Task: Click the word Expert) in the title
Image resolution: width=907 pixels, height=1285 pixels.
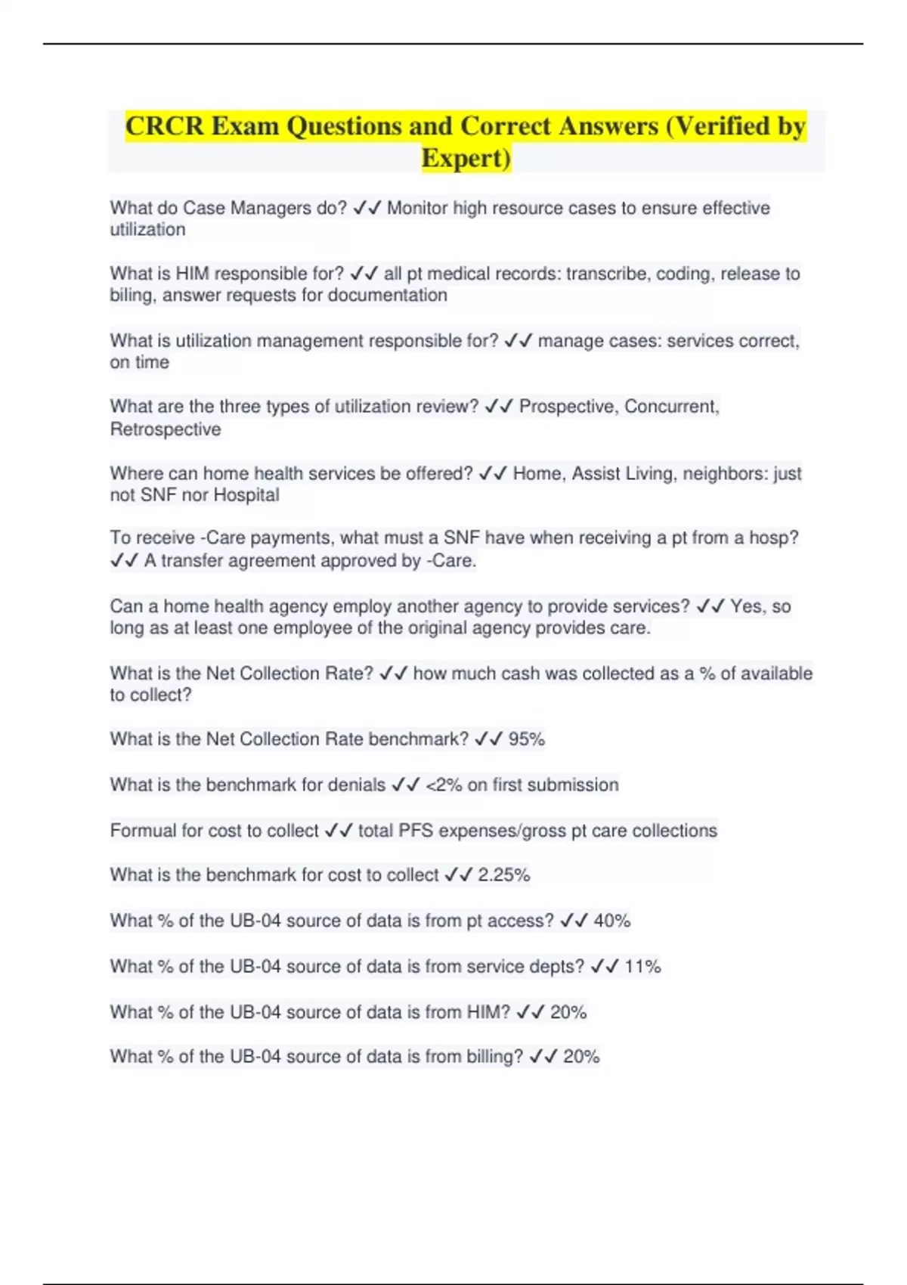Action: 466,158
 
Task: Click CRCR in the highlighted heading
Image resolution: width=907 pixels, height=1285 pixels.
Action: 164,125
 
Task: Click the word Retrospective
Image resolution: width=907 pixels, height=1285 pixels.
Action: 166,429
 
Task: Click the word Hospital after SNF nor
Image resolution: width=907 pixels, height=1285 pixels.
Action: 246,495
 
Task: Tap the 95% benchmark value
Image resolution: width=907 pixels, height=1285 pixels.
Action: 527,739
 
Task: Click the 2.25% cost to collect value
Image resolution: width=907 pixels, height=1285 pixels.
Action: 503,875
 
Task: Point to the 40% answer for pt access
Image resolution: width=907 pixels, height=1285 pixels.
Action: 612,921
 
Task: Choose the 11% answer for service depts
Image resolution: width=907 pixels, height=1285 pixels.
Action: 642,967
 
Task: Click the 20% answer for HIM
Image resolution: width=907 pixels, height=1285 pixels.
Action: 568,1012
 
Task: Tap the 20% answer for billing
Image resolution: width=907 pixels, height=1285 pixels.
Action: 581,1057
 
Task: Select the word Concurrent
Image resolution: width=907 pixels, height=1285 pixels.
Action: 671,407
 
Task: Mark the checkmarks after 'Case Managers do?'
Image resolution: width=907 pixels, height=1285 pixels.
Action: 367,208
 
